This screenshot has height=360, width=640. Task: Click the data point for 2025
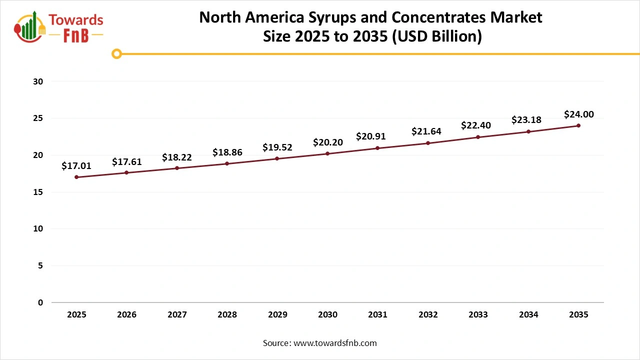click(x=76, y=177)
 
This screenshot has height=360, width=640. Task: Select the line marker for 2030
click(x=327, y=153)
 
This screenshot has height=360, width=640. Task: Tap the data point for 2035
click(x=578, y=125)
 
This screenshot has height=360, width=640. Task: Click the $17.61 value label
click(x=126, y=161)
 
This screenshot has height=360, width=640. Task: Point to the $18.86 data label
click(x=227, y=152)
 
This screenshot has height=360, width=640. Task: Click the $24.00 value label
click(x=578, y=114)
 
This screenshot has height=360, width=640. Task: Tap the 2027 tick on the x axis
click(x=177, y=314)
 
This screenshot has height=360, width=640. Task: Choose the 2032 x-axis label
click(x=428, y=314)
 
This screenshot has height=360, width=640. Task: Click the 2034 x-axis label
click(x=528, y=314)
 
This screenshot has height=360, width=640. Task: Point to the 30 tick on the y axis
click(x=38, y=81)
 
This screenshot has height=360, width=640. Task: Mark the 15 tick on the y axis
click(x=38, y=192)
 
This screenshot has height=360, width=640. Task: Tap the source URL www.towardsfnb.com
click(x=335, y=343)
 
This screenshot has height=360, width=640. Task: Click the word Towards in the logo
click(x=76, y=20)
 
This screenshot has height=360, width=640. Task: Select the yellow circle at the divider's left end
click(x=116, y=53)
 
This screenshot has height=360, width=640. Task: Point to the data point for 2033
click(x=478, y=137)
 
